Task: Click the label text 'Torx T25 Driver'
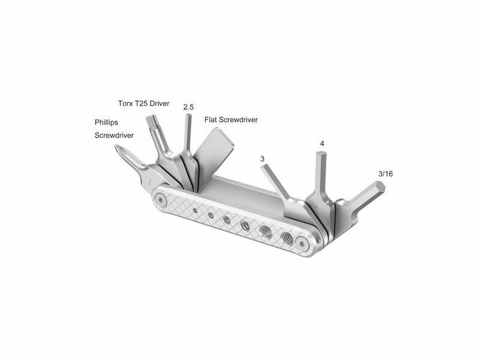[x=143, y=103]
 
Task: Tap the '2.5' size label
[x=188, y=107]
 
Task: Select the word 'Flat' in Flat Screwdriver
[x=211, y=119]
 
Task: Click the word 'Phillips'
[x=106, y=122]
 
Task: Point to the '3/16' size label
[x=385, y=174]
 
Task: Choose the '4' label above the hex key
[x=322, y=143]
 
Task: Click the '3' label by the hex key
[x=262, y=159]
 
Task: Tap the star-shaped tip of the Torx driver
[x=151, y=121]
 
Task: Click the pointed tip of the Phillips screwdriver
[x=117, y=148]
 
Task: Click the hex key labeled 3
[x=278, y=184]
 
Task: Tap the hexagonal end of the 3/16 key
[x=379, y=187]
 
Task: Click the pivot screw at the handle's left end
[x=161, y=200]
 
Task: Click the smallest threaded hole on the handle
[x=195, y=210]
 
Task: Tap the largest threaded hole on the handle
[x=287, y=237]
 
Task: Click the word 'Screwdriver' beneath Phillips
[x=114, y=136]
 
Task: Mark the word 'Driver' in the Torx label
[x=160, y=103]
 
